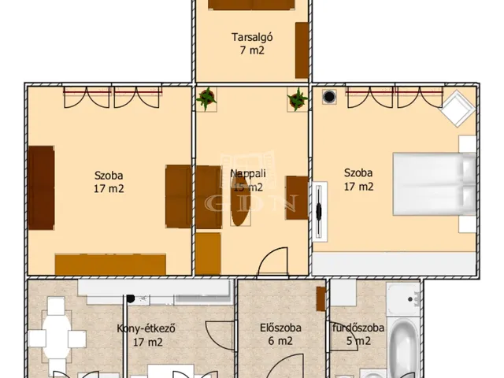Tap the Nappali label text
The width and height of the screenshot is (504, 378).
246,173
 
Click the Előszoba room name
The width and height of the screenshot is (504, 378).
280,329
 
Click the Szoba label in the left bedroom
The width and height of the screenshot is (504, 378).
109,175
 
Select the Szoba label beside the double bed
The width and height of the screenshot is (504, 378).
358,173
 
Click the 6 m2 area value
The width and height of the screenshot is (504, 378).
280,343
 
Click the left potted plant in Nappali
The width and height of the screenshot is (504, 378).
207,98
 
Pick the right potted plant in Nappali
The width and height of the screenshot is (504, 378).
298,98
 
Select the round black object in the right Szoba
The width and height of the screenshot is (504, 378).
329,98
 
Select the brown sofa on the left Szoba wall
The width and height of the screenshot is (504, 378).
42,187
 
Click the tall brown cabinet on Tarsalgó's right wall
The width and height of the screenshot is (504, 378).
302,50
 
